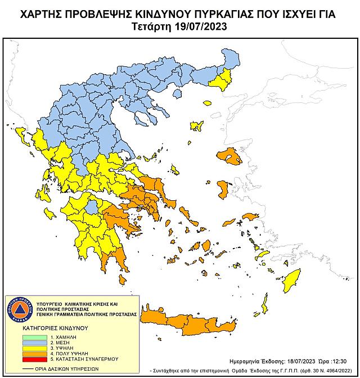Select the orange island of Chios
pyautogui.click(x=222, y=189)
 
